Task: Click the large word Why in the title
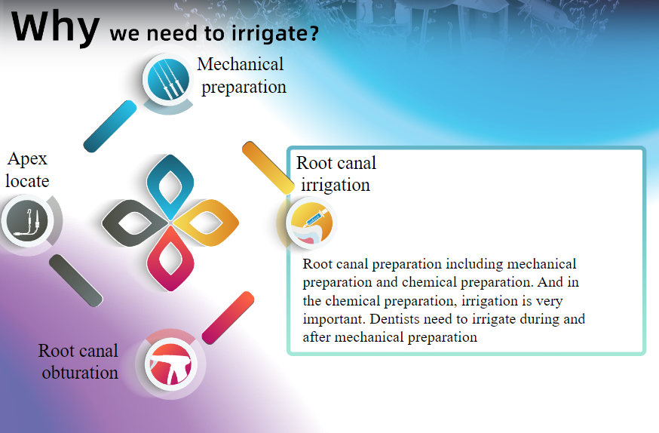pos(55,27)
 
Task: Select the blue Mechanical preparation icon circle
pos(168,79)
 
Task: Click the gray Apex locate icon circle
pos(28,221)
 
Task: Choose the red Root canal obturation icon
pos(170,364)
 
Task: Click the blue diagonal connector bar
pos(109,126)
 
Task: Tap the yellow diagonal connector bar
pos(268,168)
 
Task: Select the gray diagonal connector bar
pos(76,281)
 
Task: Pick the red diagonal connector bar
pos(228,318)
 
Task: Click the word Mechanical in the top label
pos(241,64)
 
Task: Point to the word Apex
pos(27,159)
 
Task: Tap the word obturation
pos(80,373)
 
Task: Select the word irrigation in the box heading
pos(336,185)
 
